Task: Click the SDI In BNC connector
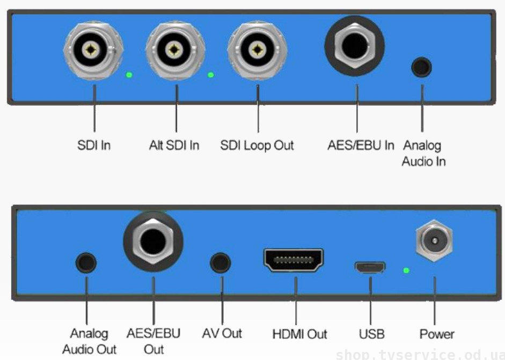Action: pyautogui.click(x=93, y=52)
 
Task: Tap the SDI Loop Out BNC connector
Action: pyautogui.click(x=257, y=52)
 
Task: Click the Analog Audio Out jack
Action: pyautogui.click(x=86, y=263)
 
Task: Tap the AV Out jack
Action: pyautogui.click(x=221, y=262)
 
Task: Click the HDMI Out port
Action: pyautogui.click(x=293, y=260)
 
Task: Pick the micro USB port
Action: pyautogui.click(x=369, y=267)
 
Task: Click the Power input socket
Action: pyautogui.click(x=434, y=241)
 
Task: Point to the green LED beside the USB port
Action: pyautogui.click(x=406, y=269)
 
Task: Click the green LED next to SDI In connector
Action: pyautogui.click(x=129, y=75)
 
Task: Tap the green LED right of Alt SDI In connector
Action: pyautogui.click(x=210, y=75)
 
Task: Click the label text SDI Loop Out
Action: pyautogui.click(x=257, y=145)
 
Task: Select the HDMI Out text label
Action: pyautogui.click(x=299, y=334)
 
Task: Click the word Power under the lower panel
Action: pyautogui.click(x=437, y=334)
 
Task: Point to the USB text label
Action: pyautogui.click(x=371, y=334)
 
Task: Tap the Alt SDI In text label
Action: pyautogui.click(x=174, y=145)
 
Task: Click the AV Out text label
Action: pyautogui.click(x=222, y=333)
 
